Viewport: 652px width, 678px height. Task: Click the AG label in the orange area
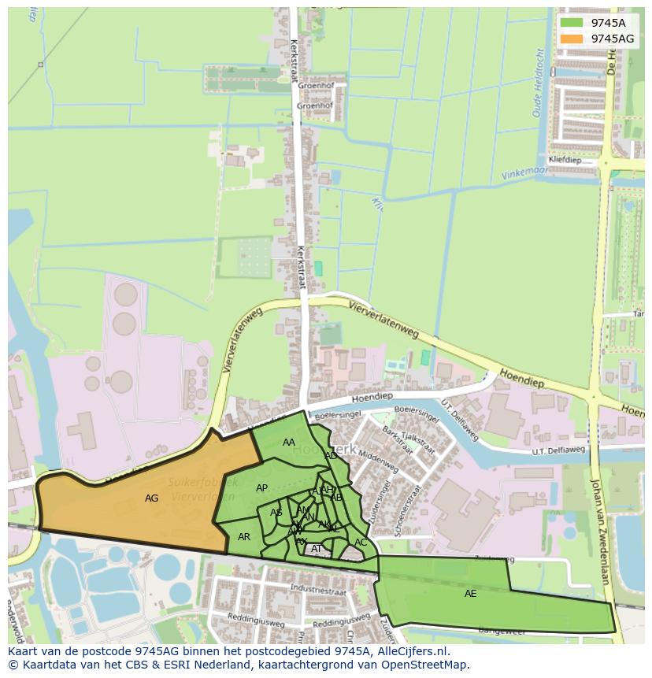tap(152, 498)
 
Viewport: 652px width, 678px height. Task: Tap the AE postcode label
tap(470, 594)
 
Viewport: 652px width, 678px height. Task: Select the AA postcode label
tap(289, 443)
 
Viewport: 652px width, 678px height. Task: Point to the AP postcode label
tap(262, 488)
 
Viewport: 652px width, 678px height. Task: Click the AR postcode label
tap(244, 537)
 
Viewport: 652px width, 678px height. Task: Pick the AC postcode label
tap(361, 543)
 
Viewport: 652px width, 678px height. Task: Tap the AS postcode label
tap(276, 513)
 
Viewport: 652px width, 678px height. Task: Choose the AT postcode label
tap(317, 549)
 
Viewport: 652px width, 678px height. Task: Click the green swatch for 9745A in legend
tap(572, 23)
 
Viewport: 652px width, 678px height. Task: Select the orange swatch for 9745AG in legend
tap(572, 39)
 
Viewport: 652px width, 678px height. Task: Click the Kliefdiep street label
tap(565, 159)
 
